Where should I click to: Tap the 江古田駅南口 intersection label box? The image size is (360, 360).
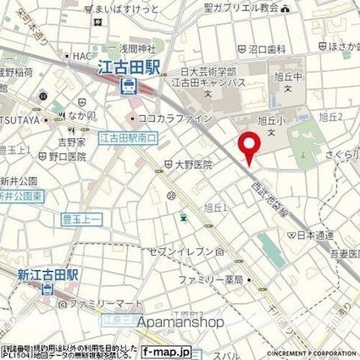[124, 136]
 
